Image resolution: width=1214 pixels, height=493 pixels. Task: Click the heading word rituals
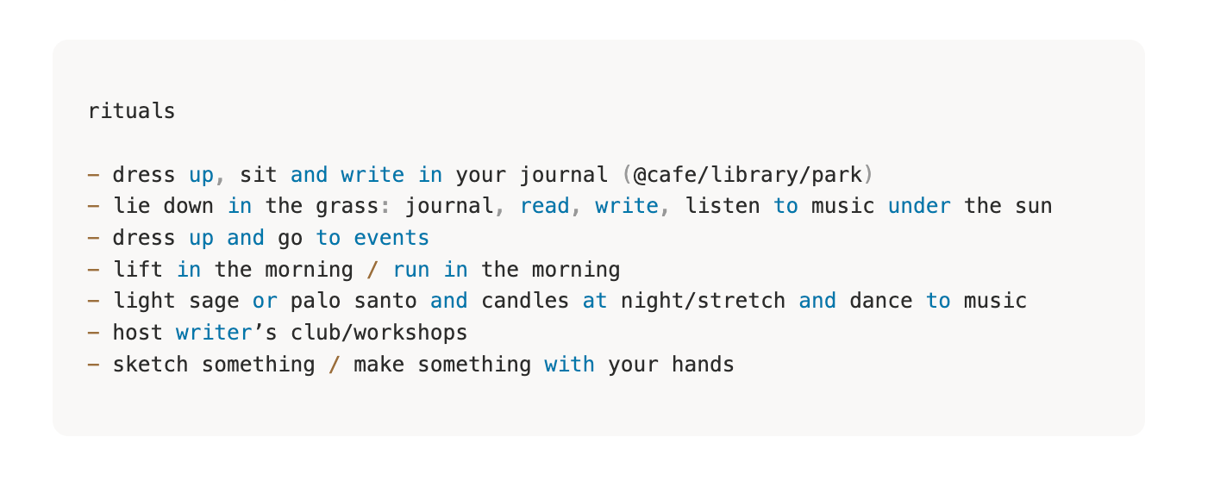click(132, 111)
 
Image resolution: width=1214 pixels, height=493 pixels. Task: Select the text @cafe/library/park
click(748, 175)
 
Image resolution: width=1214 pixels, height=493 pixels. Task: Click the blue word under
click(919, 206)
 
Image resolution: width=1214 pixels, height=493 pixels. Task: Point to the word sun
click(1034, 207)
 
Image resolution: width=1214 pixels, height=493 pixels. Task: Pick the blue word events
click(391, 238)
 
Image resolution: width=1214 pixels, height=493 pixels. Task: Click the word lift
click(138, 269)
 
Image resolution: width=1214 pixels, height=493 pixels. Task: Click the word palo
click(316, 301)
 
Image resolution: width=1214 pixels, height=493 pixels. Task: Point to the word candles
click(524, 301)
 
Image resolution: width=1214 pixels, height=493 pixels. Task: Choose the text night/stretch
click(703, 301)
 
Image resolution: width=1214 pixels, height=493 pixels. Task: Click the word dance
click(881, 301)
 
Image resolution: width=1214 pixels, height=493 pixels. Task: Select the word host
click(138, 332)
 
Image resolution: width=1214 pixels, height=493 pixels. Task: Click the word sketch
click(151, 364)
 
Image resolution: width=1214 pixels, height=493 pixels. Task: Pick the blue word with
click(570, 364)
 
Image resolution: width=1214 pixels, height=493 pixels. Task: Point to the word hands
click(703, 364)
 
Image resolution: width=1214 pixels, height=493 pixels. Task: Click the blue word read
click(545, 206)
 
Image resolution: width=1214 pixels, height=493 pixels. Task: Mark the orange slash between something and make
click(335, 364)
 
